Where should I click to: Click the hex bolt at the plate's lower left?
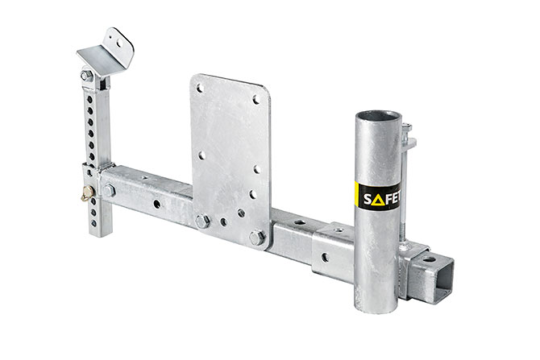[203, 221]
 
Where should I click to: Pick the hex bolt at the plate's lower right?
[257, 237]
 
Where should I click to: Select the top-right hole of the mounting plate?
[257, 100]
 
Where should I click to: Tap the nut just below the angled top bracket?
[85, 76]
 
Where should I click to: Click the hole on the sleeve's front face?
[325, 258]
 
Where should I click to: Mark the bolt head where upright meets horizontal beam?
[109, 191]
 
